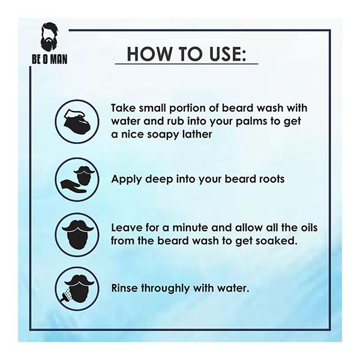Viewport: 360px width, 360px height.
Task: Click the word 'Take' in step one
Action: (x=123, y=109)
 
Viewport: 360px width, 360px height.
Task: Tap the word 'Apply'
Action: (x=126, y=178)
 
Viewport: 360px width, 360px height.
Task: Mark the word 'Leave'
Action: (x=126, y=227)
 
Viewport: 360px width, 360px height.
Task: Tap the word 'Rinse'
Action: (x=125, y=288)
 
